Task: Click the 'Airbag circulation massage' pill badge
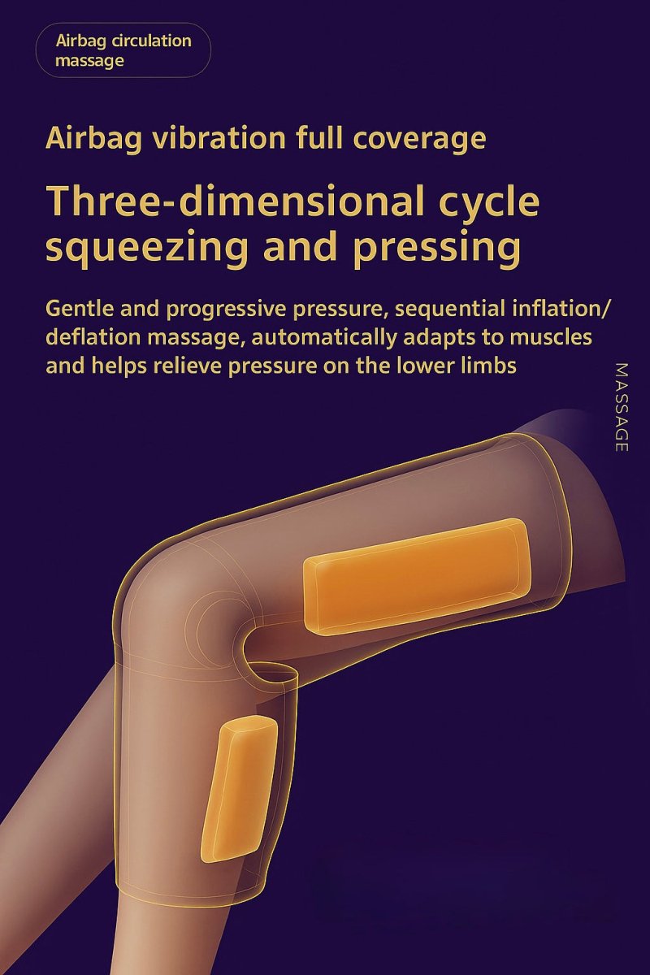coord(123,50)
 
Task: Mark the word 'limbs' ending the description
coord(487,365)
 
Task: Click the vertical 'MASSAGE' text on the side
coord(622,407)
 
